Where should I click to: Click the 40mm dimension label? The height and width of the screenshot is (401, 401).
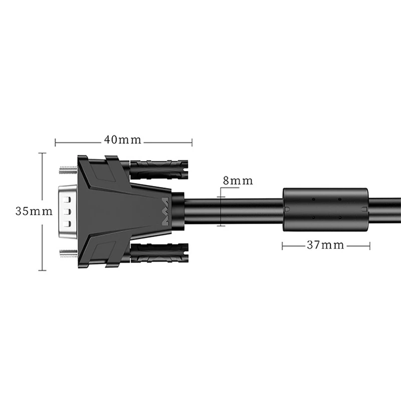(122, 140)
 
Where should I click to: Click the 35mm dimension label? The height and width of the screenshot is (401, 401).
(34, 211)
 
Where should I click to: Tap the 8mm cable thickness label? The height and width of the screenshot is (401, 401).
(238, 180)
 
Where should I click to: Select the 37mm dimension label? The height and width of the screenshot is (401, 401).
(325, 245)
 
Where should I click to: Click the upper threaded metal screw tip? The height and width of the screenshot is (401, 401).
(68, 170)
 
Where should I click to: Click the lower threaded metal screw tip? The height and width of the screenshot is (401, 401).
(68, 254)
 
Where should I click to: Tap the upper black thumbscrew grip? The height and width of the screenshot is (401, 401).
(159, 169)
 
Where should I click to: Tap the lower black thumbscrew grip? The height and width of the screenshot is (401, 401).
(159, 253)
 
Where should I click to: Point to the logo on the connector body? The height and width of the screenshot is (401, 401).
(165, 212)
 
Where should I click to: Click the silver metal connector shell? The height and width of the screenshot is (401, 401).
(68, 212)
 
